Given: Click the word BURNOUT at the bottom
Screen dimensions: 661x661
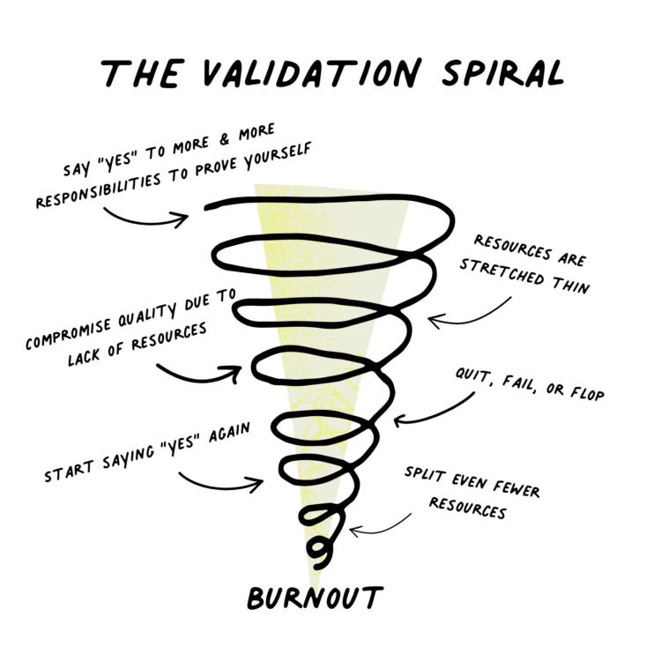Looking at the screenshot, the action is point(315,598).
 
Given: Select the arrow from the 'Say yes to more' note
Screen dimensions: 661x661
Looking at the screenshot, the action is point(145,216).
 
